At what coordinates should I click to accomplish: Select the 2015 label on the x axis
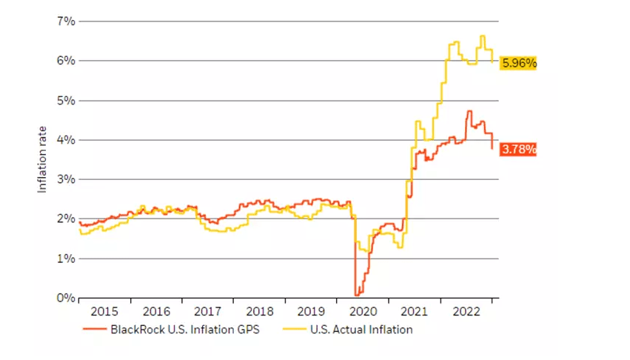[104, 312]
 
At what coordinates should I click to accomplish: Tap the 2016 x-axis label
[156, 312]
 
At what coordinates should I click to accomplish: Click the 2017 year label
[208, 312]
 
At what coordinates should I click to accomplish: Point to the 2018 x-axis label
[260, 312]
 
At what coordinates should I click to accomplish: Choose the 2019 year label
[312, 312]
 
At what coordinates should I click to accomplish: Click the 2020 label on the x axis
[363, 312]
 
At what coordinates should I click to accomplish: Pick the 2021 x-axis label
[415, 312]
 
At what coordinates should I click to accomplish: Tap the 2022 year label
[467, 312]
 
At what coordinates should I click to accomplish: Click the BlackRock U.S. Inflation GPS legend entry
[172, 329]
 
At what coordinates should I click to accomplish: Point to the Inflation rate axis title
[42, 159]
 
